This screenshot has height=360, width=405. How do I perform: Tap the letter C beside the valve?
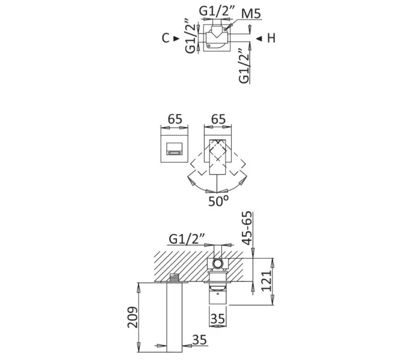[x=165, y=38]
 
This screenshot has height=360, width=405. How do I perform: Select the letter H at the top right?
[x=271, y=38]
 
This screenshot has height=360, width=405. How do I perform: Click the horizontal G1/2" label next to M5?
[x=214, y=11]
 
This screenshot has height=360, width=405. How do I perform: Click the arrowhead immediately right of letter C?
[x=176, y=38]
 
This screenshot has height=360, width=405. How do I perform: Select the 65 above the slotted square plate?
[x=175, y=119]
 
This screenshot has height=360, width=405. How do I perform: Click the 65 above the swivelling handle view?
[x=219, y=119]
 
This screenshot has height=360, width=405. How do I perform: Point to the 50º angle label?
[x=218, y=202]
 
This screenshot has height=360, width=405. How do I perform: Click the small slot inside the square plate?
[x=175, y=153]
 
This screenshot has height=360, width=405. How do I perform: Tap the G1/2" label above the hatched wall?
[x=187, y=238]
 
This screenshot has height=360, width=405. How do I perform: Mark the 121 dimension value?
[x=268, y=280]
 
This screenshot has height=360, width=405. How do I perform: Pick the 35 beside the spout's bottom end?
[x=200, y=340]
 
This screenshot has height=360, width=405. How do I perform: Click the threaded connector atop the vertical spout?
[x=175, y=277]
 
